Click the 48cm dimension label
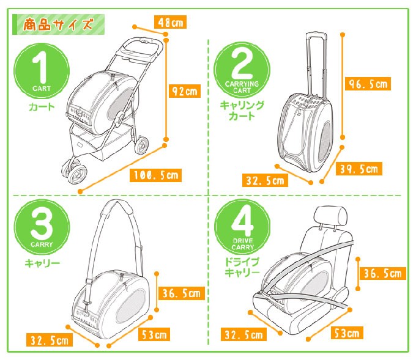(x=170, y=22)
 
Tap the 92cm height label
(x=184, y=91)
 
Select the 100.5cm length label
(x=155, y=175)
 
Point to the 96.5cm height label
(x=368, y=84)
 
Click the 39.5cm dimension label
(x=359, y=169)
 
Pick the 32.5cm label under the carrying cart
(x=265, y=180)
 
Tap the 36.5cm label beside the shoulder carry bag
(x=182, y=293)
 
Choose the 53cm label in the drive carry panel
(x=347, y=332)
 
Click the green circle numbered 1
(x=42, y=71)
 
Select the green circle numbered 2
(x=242, y=70)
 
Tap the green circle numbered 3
(x=42, y=227)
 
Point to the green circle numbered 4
(x=242, y=227)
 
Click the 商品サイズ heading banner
(x=58, y=24)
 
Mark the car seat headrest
(x=330, y=216)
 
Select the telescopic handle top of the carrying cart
(x=316, y=36)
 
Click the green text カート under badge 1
(x=42, y=107)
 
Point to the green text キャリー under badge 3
(x=42, y=263)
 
